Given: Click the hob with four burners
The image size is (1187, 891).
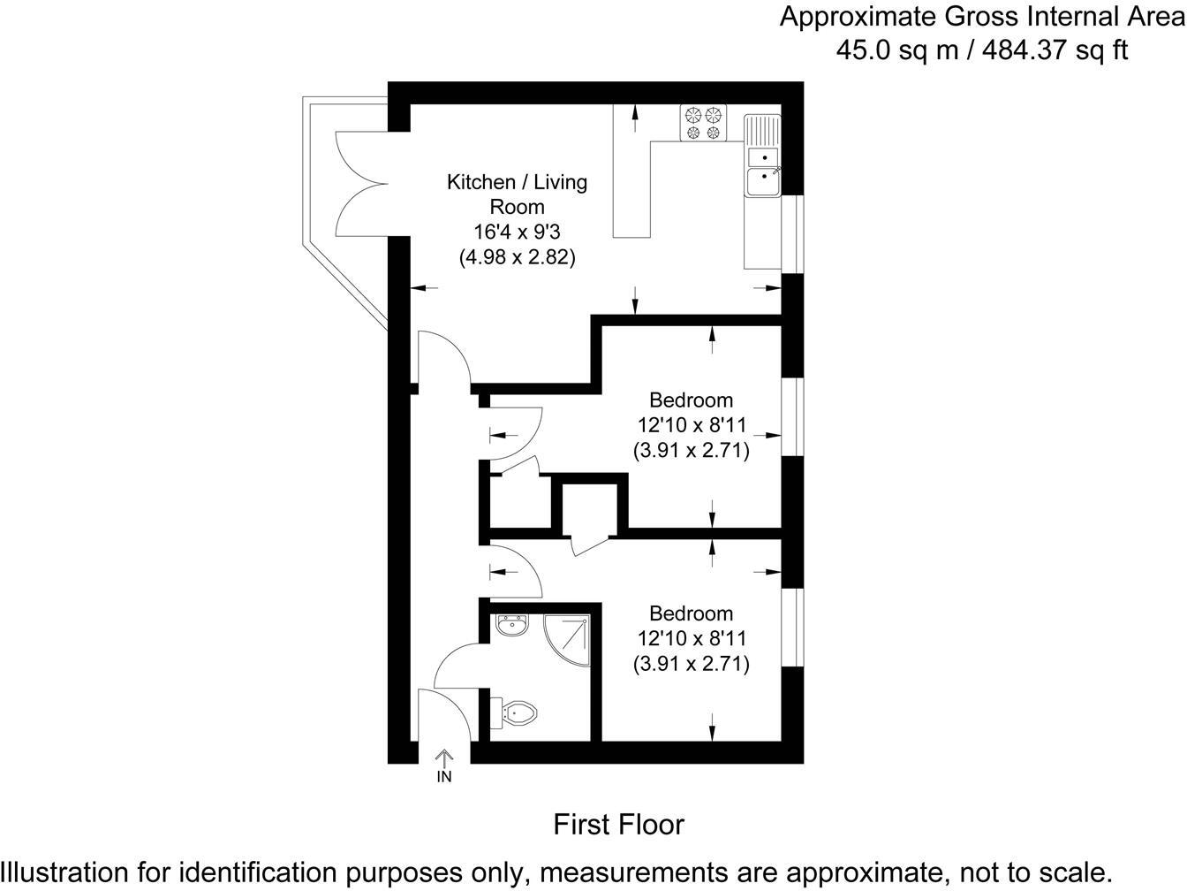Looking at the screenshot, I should [703, 123].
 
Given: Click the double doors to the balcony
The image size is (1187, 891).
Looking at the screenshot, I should [360, 184].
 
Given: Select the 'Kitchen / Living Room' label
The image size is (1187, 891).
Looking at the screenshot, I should [517, 194].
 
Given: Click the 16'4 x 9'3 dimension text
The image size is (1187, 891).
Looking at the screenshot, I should [517, 232].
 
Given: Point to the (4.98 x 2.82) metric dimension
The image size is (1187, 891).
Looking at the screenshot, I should [517, 257].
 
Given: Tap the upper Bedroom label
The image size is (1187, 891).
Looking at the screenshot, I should [691, 400].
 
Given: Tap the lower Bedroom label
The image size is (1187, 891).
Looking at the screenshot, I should [691, 613].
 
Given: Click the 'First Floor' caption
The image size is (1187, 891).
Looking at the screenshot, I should [618, 825].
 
